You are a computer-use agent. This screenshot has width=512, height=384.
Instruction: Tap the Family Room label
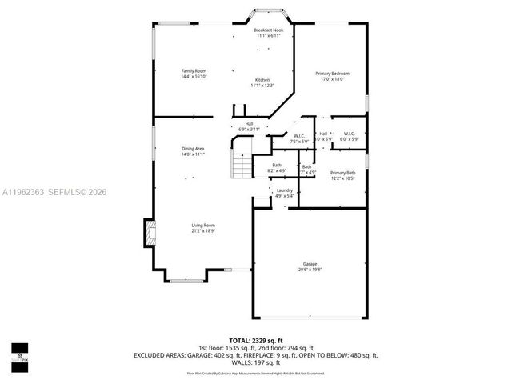coord(194,71)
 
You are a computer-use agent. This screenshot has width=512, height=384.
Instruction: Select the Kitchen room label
coord(262,80)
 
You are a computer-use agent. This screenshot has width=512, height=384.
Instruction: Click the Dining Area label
coord(193,148)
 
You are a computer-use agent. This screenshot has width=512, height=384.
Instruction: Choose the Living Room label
coord(202,226)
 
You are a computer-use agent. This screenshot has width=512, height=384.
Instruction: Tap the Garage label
coord(310,264)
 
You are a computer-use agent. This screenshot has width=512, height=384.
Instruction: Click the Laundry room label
coord(285,190)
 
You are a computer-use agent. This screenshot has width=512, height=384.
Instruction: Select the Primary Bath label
coord(342,173)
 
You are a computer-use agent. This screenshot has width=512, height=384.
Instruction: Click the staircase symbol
coord(241,166)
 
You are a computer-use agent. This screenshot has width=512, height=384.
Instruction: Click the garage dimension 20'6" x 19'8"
coord(310,270)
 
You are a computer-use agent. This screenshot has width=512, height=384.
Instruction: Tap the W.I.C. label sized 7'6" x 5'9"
coord(298,135)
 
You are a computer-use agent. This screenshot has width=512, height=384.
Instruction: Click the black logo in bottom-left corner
coord(19,352)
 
